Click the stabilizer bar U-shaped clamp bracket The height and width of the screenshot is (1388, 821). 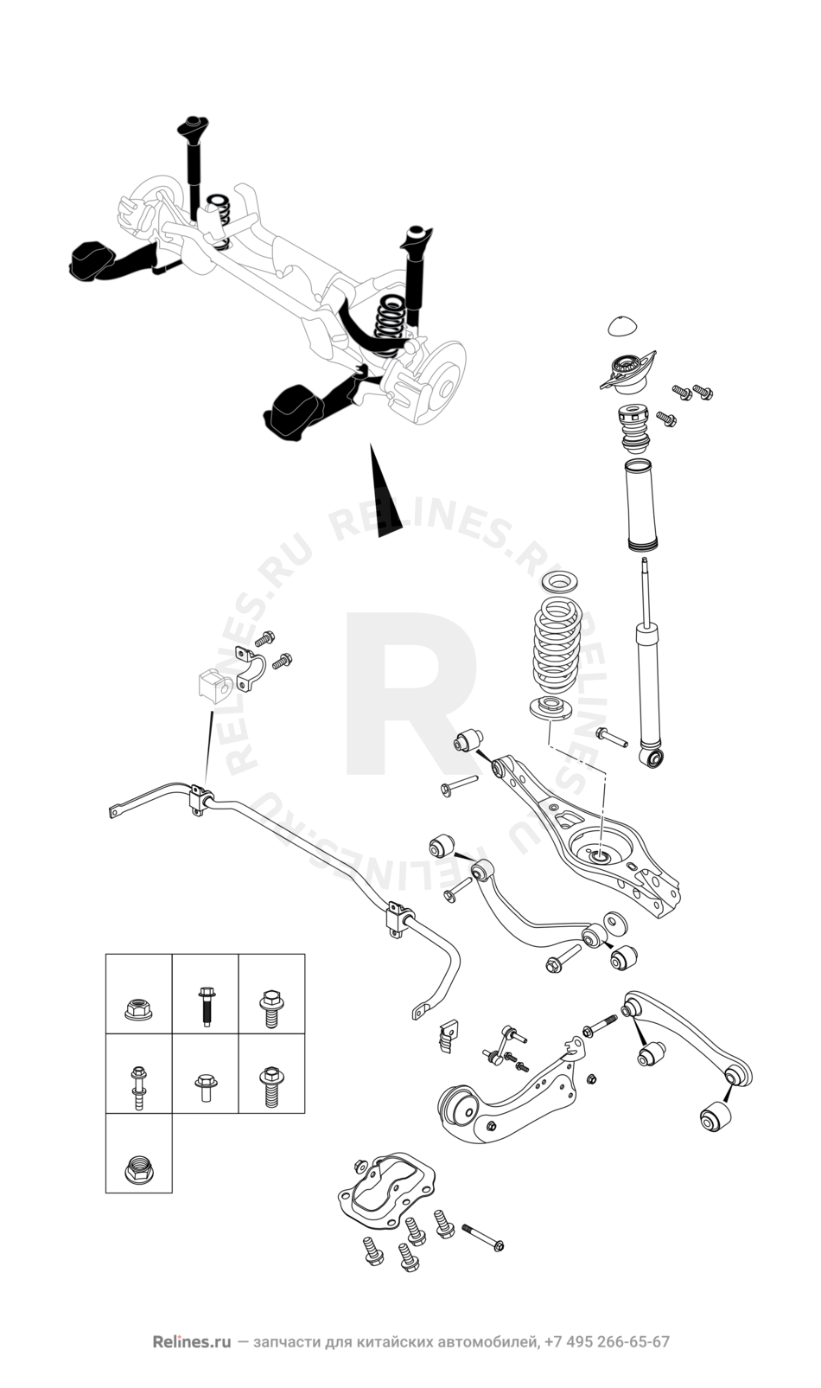(x=250, y=670)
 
